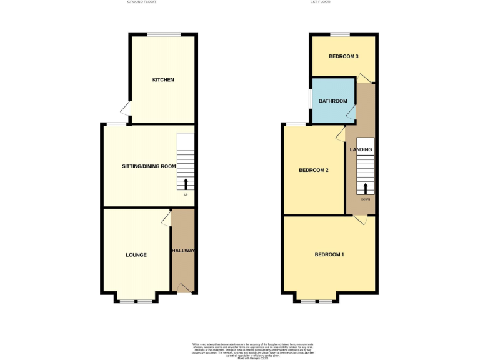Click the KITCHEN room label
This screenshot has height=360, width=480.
coord(163,80)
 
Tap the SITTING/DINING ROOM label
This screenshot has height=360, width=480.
coord(149,166)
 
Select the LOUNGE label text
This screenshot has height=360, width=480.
coord(136,255)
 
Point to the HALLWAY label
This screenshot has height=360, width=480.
coord(184,251)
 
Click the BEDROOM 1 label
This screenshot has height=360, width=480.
coord(329,255)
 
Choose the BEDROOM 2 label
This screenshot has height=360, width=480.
coord(314,170)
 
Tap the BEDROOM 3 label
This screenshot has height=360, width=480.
coord(344,56)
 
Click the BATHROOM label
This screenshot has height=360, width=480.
coord(333,101)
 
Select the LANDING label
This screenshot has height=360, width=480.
coord(361,150)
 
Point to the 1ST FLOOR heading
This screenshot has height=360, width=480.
coord(321,2)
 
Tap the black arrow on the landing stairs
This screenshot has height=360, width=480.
coord(366,188)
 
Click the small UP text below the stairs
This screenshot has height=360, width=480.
coord(186,195)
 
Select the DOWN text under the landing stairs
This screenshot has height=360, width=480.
coord(366,199)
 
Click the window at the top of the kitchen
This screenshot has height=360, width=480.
coord(164,34)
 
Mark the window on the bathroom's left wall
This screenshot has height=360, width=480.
coord(311,100)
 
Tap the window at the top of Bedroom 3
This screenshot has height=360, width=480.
coord(340,34)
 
